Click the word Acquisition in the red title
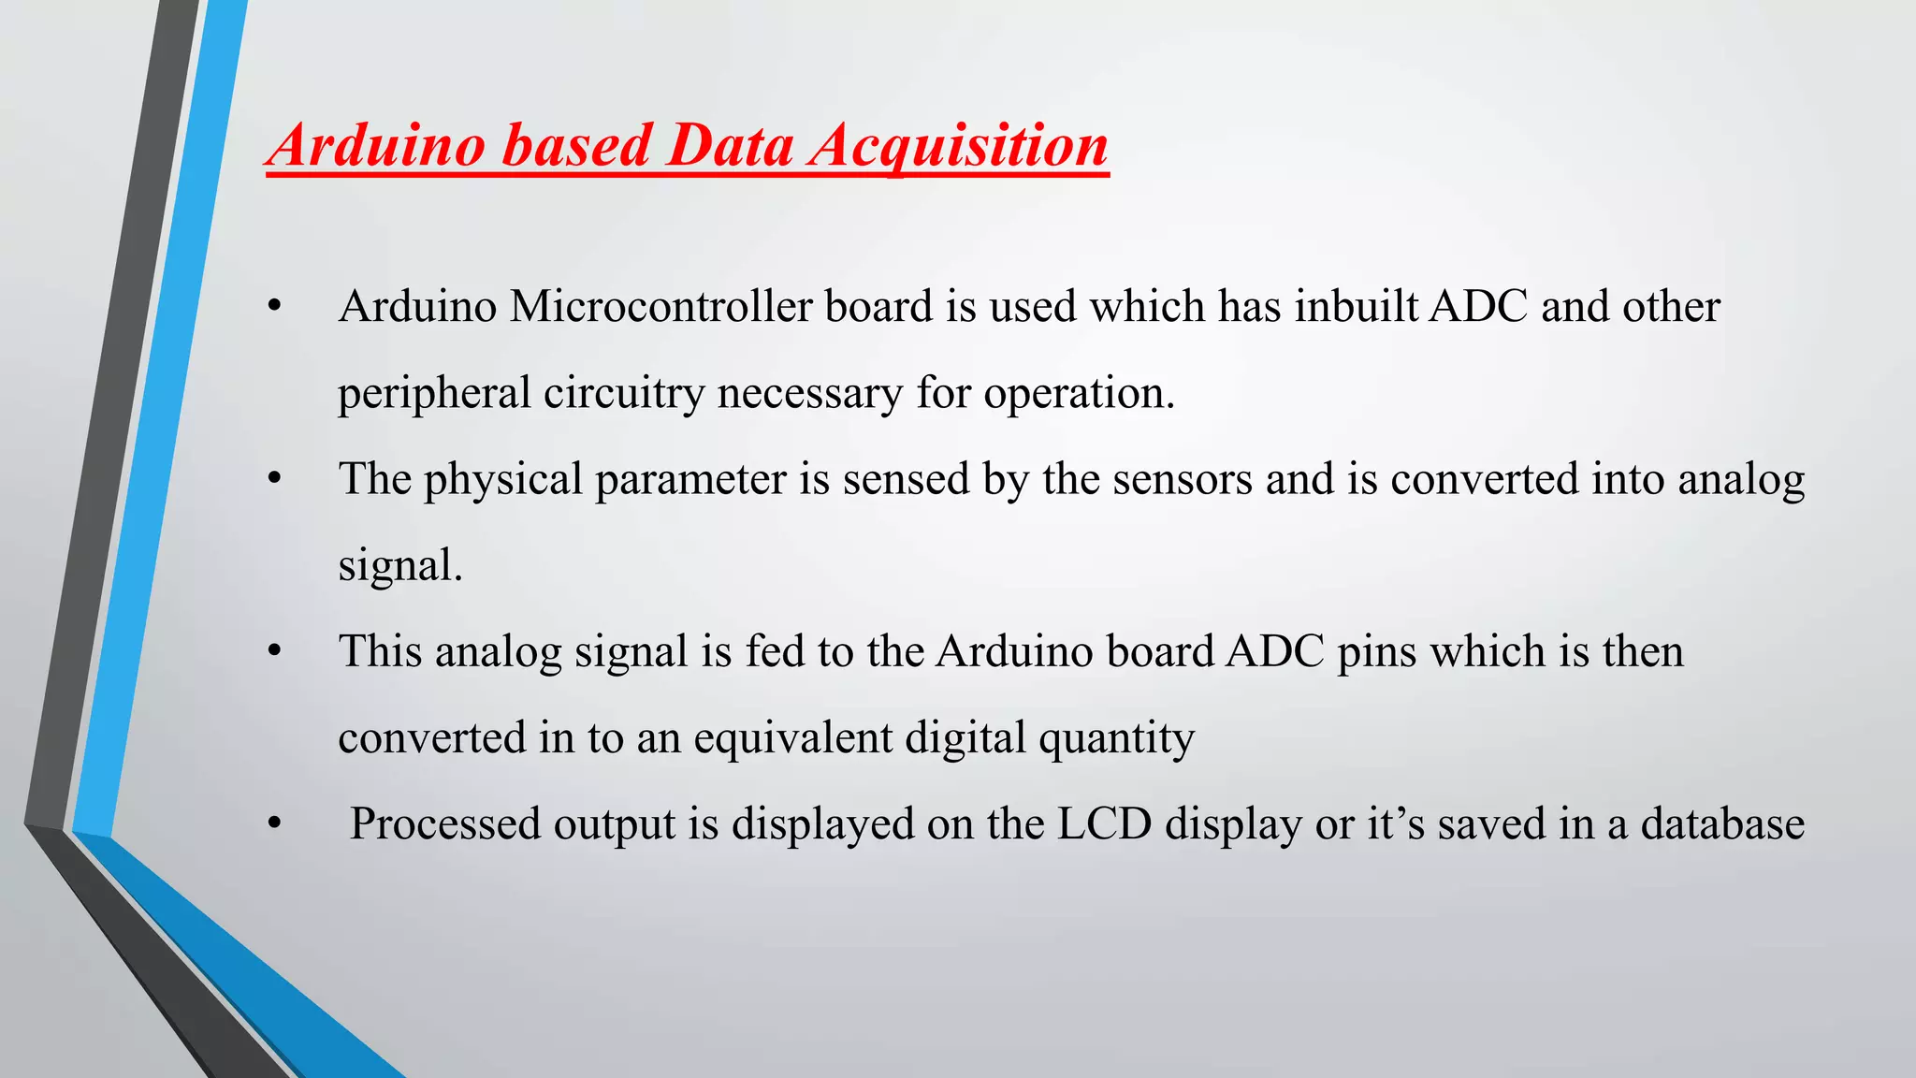959,147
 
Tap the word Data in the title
731,147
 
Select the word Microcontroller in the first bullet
660,307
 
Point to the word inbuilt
1357,307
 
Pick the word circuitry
624,394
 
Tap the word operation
1079,394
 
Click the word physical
503,480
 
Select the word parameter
690,480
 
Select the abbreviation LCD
1104,824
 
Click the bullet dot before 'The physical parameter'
274,480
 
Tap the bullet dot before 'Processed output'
274,824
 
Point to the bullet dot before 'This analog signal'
274,652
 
